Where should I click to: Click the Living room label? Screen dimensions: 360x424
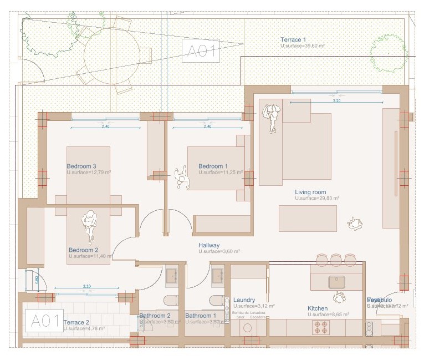click(310, 192)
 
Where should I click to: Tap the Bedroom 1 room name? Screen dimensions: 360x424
click(213, 166)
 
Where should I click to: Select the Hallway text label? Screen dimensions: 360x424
click(209, 245)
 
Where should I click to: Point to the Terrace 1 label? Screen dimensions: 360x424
click(293, 39)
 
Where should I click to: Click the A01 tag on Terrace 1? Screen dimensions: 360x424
click(201, 50)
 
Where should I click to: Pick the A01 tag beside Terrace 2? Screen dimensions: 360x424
click(44, 321)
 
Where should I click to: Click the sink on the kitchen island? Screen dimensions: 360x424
click(337, 282)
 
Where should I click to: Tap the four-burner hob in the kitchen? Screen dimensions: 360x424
click(321, 327)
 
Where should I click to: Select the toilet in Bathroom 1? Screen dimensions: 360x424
click(217, 301)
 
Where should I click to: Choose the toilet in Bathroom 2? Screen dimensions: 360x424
click(171, 301)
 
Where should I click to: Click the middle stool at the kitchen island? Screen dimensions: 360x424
click(336, 260)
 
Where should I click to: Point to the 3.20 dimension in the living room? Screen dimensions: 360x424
click(336, 101)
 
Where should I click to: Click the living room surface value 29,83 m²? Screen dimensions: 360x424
click(317, 198)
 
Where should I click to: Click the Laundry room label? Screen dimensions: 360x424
click(244, 300)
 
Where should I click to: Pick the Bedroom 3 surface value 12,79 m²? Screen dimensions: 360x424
click(89, 173)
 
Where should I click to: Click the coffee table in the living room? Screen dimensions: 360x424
click(308, 218)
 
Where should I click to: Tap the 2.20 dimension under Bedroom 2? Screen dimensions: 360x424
click(86, 286)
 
